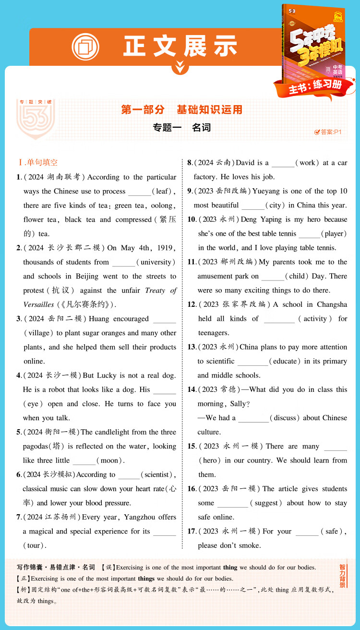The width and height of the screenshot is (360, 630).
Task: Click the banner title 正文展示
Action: click(x=180, y=47)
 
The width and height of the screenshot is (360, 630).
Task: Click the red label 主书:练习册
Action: click(x=315, y=86)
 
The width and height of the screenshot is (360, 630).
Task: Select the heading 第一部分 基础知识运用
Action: click(x=181, y=110)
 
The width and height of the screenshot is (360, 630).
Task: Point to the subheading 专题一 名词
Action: click(x=181, y=128)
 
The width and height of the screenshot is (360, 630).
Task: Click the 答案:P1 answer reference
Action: click(x=327, y=132)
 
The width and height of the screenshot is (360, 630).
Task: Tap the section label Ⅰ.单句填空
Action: click(x=38, y=163)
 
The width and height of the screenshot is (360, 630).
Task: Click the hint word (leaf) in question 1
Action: click(x=163, y=191)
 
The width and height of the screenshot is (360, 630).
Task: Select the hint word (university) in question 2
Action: click(x=156, y=262)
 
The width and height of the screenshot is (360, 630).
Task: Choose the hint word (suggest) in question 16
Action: click(x=266, y=503)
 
